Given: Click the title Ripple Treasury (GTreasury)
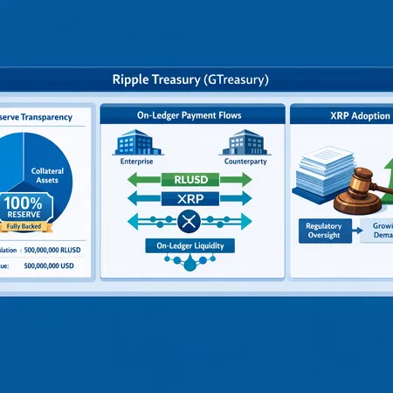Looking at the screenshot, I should click(196, 79).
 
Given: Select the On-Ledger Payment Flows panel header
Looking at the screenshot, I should click(191, 114).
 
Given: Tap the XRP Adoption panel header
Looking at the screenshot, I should click(341, 114).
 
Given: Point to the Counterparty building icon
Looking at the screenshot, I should click(245, 143).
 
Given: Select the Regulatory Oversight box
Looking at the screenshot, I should click(323, 231).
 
